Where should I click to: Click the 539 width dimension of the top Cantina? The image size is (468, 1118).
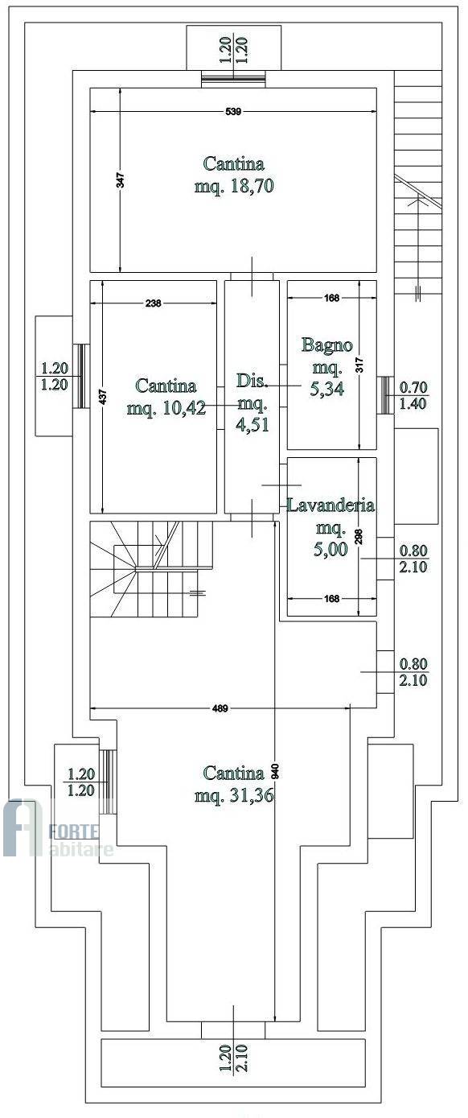[233, 111]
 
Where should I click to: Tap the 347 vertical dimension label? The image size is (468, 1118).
[121, 180]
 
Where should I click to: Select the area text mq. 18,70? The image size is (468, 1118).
[234, 186]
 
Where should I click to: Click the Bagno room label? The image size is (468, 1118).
[327, 344]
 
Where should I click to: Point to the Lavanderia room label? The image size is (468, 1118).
[331, 505]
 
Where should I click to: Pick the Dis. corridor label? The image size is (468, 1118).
[252, 381]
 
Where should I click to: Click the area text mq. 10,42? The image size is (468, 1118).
[166, 408]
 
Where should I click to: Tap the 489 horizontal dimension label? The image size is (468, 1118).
[220, 708]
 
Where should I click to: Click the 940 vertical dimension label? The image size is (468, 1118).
[275, 771]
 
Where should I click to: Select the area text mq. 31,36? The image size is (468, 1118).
[234, 795]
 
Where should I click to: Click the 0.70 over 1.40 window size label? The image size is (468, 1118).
[413, 394]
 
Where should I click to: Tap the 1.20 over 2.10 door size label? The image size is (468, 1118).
[234, 1058]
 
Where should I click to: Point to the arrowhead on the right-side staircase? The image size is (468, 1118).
[413, 203]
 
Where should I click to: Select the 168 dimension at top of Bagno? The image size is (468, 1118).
[331, 298]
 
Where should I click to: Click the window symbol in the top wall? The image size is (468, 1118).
[233, 78]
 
